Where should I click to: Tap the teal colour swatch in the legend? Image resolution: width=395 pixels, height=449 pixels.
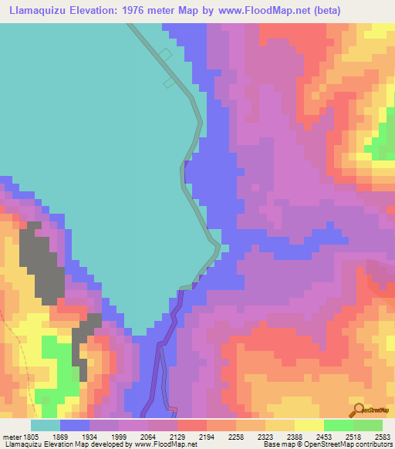point(46,425)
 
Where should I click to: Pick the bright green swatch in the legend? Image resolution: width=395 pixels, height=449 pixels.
point(367,425)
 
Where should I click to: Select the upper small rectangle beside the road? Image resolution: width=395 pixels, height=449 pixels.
point(164,53)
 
